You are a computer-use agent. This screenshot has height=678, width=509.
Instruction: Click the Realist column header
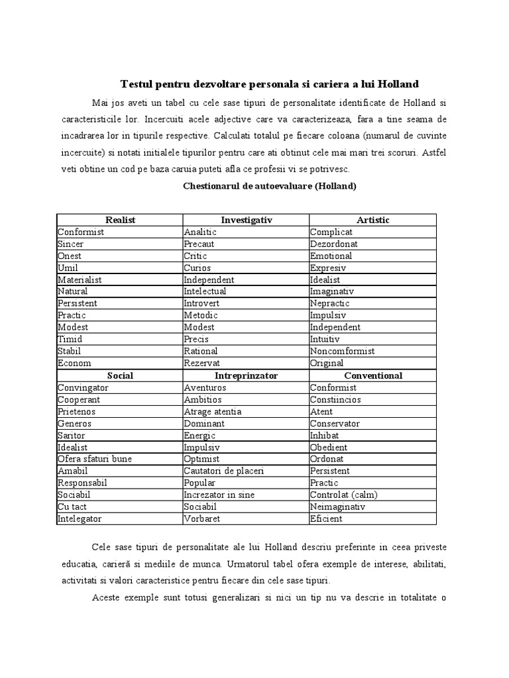120,220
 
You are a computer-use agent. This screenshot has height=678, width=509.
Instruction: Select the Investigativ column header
247,220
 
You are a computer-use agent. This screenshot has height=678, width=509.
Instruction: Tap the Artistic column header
373,220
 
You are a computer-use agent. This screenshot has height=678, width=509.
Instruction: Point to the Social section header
120,375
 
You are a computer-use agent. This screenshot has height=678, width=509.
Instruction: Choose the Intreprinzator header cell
247,375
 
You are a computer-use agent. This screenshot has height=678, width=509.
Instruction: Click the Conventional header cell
373,375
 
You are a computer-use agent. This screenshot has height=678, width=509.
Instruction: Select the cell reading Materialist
80,280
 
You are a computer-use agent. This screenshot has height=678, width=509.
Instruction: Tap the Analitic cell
198,232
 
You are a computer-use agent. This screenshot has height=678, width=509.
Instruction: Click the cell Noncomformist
342,351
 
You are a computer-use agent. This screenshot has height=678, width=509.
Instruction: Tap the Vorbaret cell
201,518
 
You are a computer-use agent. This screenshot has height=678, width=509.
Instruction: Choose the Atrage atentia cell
212,411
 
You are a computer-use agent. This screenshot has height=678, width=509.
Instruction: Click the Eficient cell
326,518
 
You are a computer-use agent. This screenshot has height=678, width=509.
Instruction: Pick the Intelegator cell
80,518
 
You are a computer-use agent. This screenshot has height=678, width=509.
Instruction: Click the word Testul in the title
135,84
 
